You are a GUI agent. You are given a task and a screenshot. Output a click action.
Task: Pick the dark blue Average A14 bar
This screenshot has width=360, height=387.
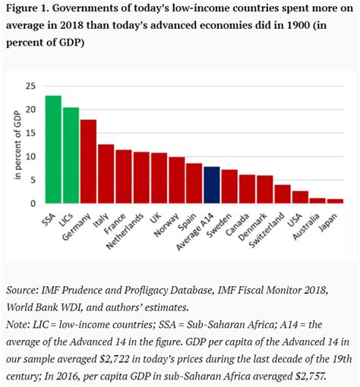pyautogui.click(x=213, y=185)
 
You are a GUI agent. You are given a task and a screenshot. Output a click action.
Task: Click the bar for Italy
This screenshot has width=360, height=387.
pyautogui.click(x=106, y=174)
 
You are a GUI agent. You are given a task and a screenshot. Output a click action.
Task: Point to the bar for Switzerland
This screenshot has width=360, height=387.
pyautogui.click(x=283, y=194)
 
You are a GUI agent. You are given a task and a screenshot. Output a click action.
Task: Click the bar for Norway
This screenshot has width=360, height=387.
pyautogui.click(x=177, y=181)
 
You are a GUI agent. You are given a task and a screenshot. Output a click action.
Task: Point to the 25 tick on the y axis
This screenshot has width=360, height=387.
pyautogui.click(x=31, y=87)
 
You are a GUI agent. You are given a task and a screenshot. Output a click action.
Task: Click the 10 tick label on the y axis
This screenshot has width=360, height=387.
pyautogui.click(x=31, y=157)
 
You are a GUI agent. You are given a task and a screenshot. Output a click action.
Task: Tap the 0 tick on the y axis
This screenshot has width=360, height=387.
pyautogui.click(x=33, y=203)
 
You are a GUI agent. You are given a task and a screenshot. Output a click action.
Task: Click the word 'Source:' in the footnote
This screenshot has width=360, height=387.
pyautogui.click(x=27, y=291)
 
